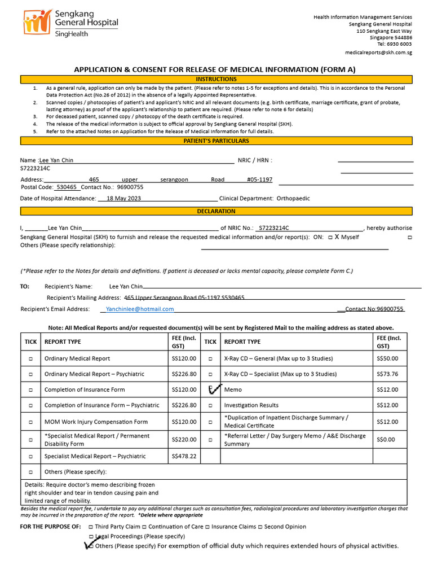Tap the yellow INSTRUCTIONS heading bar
216,80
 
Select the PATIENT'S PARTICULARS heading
216,141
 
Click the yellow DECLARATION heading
216,212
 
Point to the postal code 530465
67,187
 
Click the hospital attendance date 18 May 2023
123,199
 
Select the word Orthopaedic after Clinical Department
293,199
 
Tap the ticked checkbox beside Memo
211,389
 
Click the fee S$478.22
184,456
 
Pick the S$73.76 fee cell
387,374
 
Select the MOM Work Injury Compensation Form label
96,422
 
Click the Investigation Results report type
251,405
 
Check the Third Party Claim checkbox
91,527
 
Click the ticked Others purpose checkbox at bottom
90,546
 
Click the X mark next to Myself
337,237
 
